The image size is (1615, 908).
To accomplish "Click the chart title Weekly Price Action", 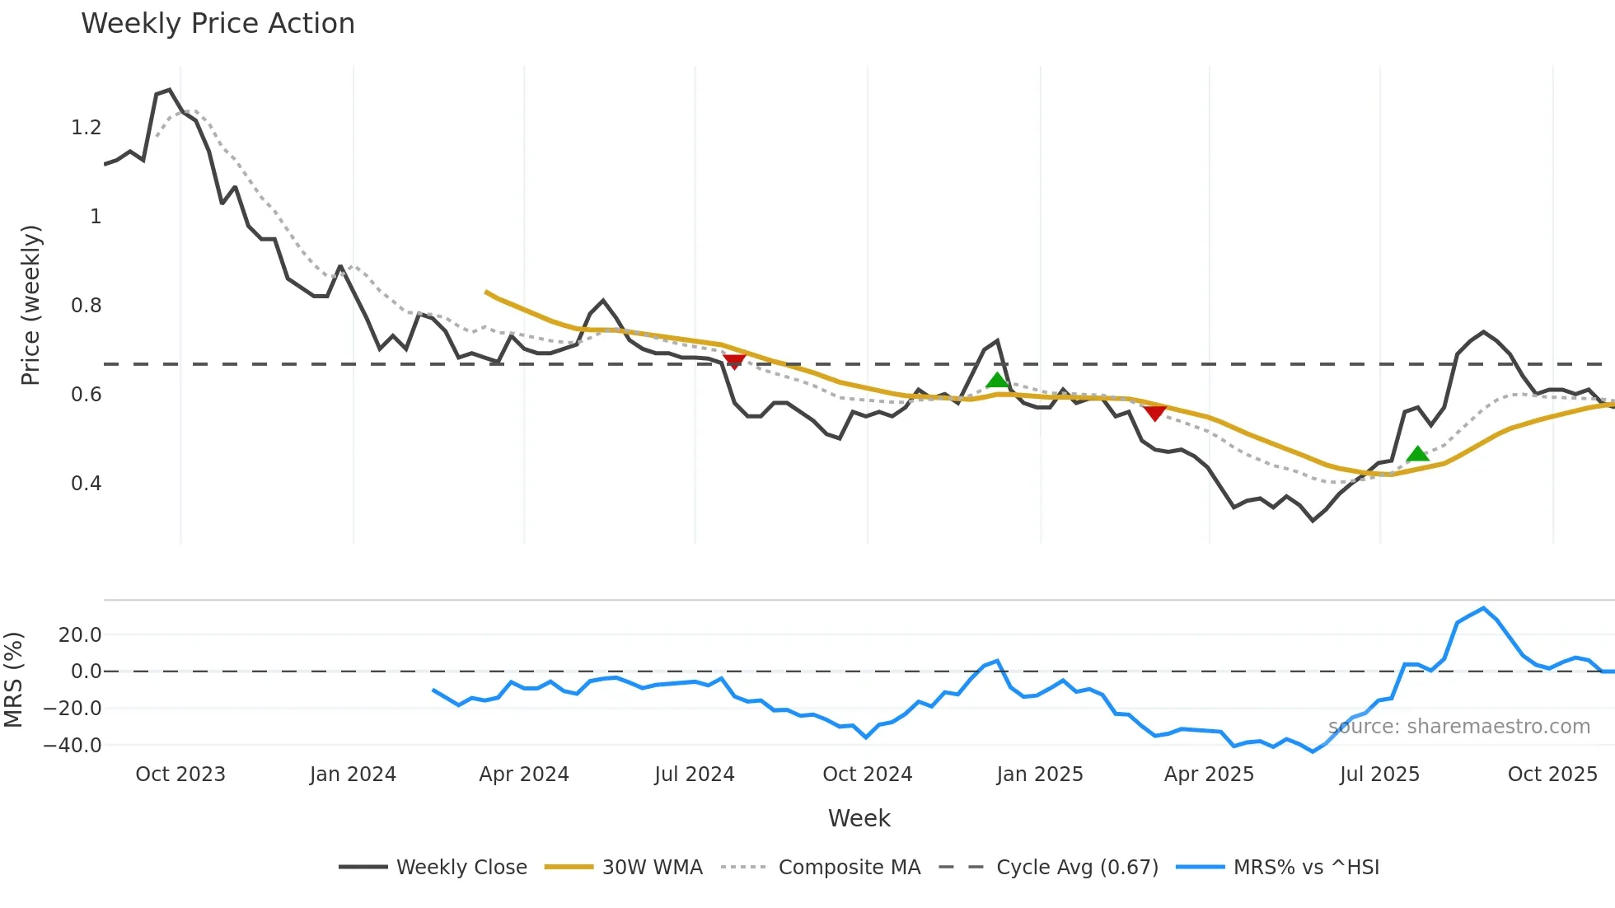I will [x=218, y=24].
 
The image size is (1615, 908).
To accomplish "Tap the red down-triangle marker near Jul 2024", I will [x=734, y=362].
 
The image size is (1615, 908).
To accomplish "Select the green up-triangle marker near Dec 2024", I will [x=997, y=380].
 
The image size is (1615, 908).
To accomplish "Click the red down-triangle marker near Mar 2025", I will [x=1155, y=412].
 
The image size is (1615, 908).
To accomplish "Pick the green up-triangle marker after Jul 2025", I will [x=1417, y=454].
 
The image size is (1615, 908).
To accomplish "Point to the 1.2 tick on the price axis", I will [x=86, y=128].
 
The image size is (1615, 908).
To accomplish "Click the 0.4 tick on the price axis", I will [x=86, y=484].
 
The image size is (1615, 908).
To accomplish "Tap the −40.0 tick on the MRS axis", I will [x=73, y=746].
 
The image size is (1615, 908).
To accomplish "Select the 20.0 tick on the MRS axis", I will [x=80, y=635].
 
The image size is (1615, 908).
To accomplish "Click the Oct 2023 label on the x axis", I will [x=180, y=775].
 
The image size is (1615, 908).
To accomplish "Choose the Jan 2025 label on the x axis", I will [x=1039, y=775].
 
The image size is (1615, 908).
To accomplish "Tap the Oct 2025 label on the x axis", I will [x=1552, y=775].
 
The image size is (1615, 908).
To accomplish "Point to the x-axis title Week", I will [x=859, y=818].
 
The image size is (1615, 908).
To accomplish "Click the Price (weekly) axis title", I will [x=30, y=305].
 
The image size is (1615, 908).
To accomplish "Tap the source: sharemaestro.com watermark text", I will [x=1459, y=727].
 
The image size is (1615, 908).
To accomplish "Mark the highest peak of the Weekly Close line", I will [x=169, y=90].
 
